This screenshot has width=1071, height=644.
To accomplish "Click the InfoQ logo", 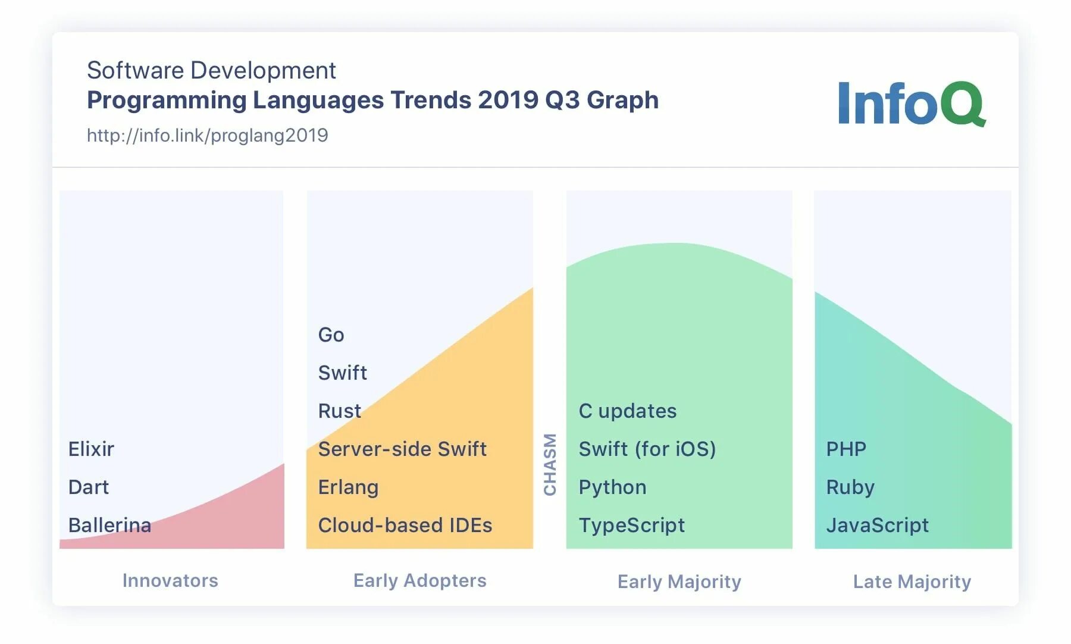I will (x=911, y=104).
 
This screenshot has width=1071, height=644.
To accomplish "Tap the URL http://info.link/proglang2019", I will (x=207, y=136).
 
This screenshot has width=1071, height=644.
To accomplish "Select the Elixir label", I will (x=91, y=449).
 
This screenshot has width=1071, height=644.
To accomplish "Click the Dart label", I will (x=89, y=487).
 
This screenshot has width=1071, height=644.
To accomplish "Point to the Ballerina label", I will (x=109, y=525).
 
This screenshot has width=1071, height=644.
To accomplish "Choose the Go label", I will (x=331, y=334).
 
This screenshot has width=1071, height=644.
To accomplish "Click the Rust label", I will (x=340, y=411).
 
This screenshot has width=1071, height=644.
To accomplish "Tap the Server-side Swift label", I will (x=402, y=449).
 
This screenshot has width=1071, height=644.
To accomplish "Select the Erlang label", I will (x=348, y=487).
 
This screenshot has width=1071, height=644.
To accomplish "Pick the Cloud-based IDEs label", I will (x=405, y=525).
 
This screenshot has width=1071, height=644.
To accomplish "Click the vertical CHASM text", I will (x=550, y=464).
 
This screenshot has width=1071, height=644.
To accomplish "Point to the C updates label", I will (x=628, y=411).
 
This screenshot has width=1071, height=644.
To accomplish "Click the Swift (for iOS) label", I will (x=647, y=449).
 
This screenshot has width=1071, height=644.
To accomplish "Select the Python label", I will (x=612, y=487).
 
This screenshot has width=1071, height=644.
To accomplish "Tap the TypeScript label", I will (x=632, y=525).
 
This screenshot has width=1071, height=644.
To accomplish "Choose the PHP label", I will (x=846, y=449).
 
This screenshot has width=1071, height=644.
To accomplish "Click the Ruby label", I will (x=850, y=487).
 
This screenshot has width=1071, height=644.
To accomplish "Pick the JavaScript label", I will (x=878, y=525).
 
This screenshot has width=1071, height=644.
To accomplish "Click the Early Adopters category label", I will (x=420, y=580).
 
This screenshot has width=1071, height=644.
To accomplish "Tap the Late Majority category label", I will (x=912, y=581).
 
